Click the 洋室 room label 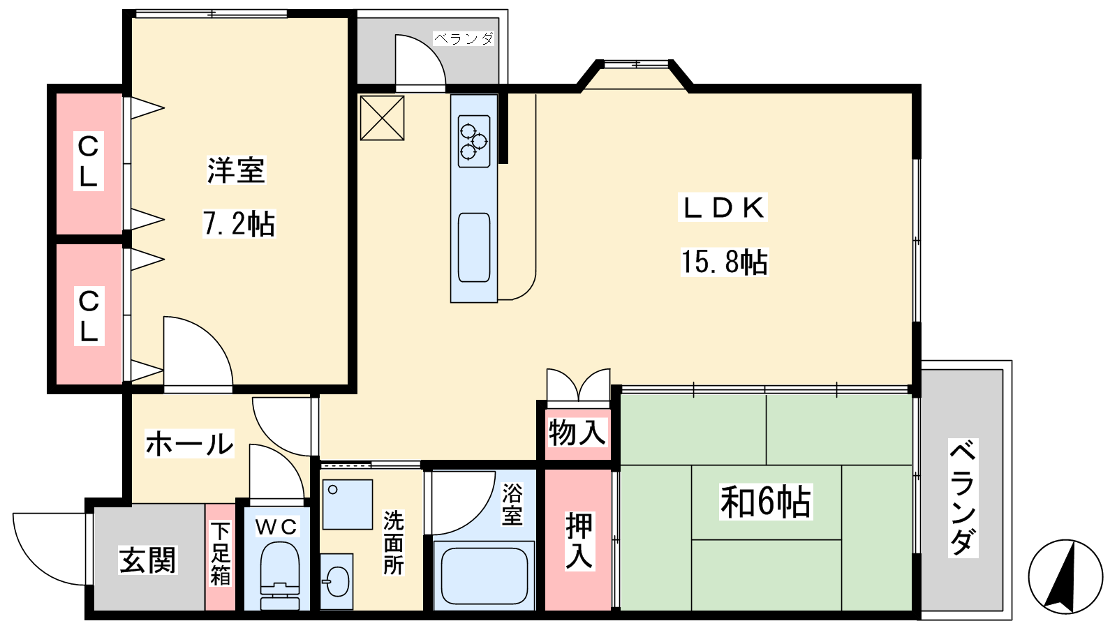tap(236, 170)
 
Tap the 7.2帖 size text tap(239, 223)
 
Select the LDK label tap(723, 207)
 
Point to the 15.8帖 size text tap(725, 262)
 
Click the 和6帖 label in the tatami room tap(765, 502)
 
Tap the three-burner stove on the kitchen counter tap(474, 141)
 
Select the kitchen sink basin tap(474, 248)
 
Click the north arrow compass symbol tap(1065, 576)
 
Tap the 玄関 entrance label tap(147, 560)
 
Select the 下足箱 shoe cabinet tap(220, 557)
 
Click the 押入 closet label tap(579, 540)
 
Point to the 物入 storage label tap(577, 432)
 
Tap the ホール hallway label tap(189, 444)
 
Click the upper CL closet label tap(88, 161)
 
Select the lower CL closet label tap(89, 315)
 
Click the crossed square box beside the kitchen tap(382, 118)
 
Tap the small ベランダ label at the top tap(464, 38)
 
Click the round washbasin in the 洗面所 tap(336, 581)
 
